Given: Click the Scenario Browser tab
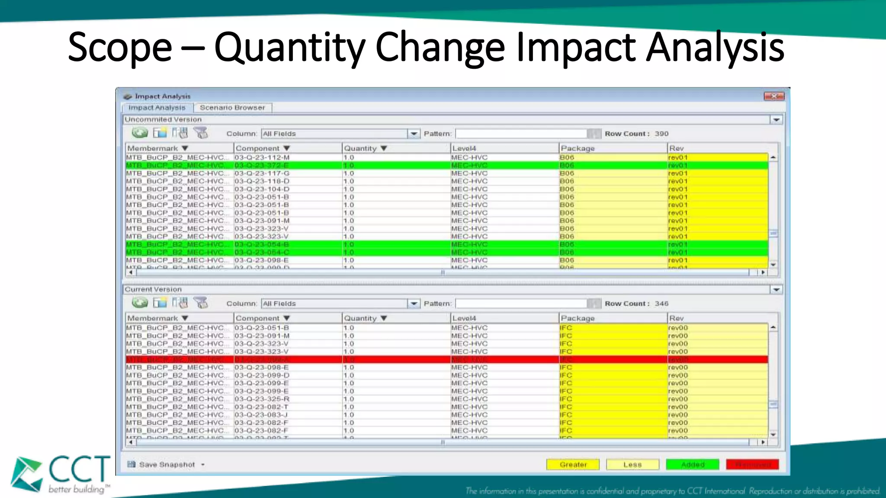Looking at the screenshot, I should pyautogui.click(x=232, y=108).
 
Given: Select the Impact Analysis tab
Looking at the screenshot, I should pyautogui.click(x=157, y=108).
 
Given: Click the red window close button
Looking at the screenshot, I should pyautogui.click(x=774, y=96).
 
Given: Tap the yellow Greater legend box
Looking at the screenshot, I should pyautogui.click(x=573, y=465).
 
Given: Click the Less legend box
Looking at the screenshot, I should pyautogui.click(x=632, y=465).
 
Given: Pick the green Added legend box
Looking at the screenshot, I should pyautogui.click(x=692, y=465).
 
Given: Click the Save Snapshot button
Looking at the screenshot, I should pyautogui.click(x=167, y=465).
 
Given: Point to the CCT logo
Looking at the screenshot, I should pyautogui.click(x=61, y=475).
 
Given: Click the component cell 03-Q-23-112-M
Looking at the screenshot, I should pyautogui.click(x=262, y=158).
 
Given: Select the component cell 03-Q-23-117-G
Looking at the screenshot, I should pyautogui.click(x=262, y=173).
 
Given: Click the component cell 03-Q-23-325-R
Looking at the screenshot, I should pyautogui.click(x=262, y=399).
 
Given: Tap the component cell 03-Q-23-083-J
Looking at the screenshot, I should pyautogui.click(x=261, y=415).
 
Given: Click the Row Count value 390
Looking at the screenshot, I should pyautogui.click(x=661, y=134).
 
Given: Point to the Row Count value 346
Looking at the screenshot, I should pyautogui.click(x=661, y=304).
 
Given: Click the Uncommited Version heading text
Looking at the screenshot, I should pyautogui.click(x=163, y=119).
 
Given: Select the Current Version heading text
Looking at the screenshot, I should pyautogui.click(x=153, y=289).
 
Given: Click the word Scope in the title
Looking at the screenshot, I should pyautogui.click(x=120, y=48).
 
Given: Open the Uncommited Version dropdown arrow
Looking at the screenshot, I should pyautogui.click(x=776, y=120).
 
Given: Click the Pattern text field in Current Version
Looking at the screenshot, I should pyautogui.click(x=521, y=304).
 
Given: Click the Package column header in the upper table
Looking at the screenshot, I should pyautogui.click(x=578, y=148).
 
